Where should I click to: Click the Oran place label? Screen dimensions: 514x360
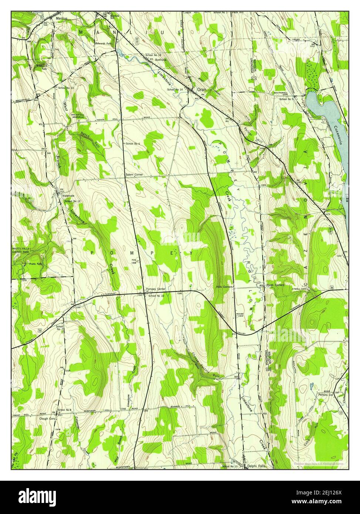click(201, 89)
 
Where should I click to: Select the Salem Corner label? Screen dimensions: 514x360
click(134, 174)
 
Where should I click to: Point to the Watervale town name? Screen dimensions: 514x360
click(68, 196)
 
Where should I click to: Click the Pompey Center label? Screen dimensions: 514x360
click(155, 289)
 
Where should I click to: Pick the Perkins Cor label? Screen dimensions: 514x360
click(326, 394)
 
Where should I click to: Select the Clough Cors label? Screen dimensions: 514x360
click(47, 419)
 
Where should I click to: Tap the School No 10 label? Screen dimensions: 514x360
click(156, 296)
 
